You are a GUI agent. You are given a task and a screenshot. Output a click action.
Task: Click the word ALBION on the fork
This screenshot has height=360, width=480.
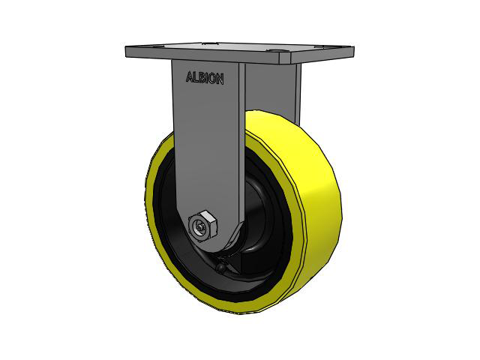coord(205,78)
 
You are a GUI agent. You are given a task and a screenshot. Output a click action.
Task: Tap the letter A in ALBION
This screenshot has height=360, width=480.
coord(190,76)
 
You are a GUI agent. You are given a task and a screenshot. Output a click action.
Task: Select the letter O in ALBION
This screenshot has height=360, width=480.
coord(213,79)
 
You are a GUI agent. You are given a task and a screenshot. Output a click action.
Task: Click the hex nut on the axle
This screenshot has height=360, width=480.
coord(203,226)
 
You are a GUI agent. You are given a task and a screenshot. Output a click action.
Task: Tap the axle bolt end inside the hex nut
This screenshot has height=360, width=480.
coord(201,227)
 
